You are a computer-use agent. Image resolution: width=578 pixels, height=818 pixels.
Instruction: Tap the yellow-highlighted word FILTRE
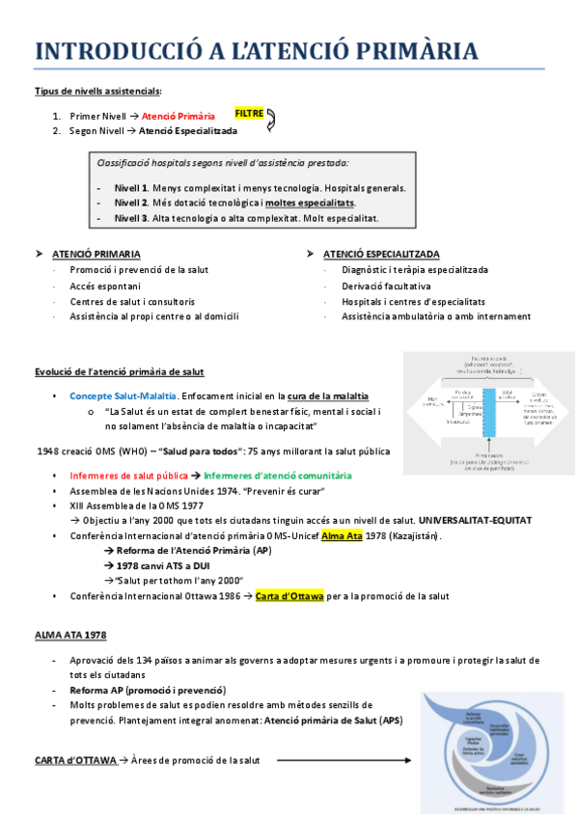(249, 113)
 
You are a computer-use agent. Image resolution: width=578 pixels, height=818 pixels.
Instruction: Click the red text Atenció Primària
(179, 116)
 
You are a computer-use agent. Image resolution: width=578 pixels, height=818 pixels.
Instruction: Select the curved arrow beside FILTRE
(271, 120)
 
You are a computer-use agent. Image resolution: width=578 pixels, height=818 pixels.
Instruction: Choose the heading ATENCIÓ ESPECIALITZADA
(382, 254)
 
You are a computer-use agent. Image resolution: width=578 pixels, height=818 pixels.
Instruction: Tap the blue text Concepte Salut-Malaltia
(123, 395)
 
